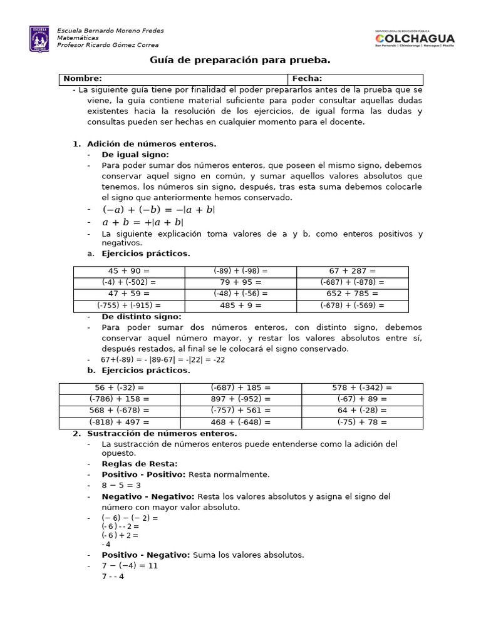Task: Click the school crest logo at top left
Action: click(39, 39)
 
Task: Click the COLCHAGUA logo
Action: click(414, 39)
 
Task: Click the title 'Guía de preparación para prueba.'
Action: click(240, 60)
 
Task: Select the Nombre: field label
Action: click(83, 79)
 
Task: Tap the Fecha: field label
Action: click(307, 79)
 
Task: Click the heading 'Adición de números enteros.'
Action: click(152, 144)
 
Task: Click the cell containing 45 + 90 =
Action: click(129, 271)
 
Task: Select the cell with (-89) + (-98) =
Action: click(240, 271)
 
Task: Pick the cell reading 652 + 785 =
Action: click(352, 294)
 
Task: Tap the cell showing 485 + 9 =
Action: click(240, 305)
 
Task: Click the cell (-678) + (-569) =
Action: click(352, 305)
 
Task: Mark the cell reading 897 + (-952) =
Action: click(240, 399)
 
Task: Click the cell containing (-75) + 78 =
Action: click(362, 422)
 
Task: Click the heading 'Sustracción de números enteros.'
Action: click(162, 433)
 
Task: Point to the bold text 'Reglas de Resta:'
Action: click(140, 464)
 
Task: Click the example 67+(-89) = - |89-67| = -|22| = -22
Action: click(163, 360)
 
